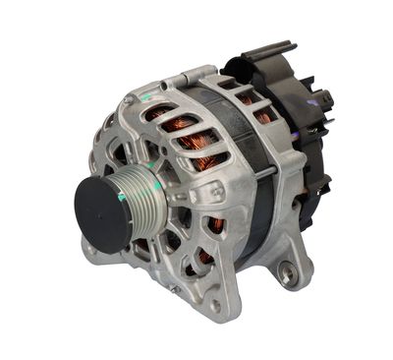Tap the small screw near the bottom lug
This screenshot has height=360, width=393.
coord(175,288)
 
